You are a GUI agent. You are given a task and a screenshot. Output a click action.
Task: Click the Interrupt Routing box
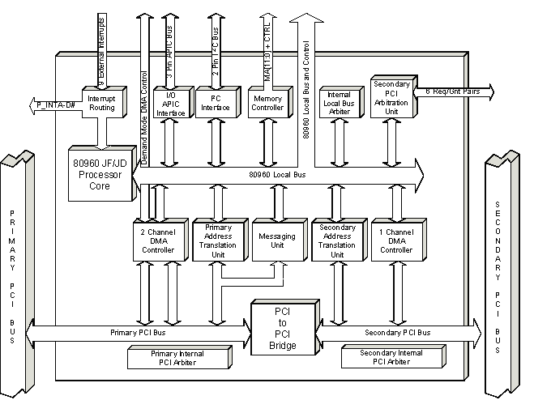[100, 102]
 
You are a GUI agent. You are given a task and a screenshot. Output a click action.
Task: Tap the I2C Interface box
[215, 100]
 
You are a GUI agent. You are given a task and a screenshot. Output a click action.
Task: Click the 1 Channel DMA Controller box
[396, 240]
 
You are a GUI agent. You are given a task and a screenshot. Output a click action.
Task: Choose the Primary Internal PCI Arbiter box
[178, 357]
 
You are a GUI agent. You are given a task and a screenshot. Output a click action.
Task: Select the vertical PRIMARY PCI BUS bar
[16, 275]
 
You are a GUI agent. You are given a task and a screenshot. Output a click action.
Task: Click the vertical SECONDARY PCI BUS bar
[498, 275]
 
